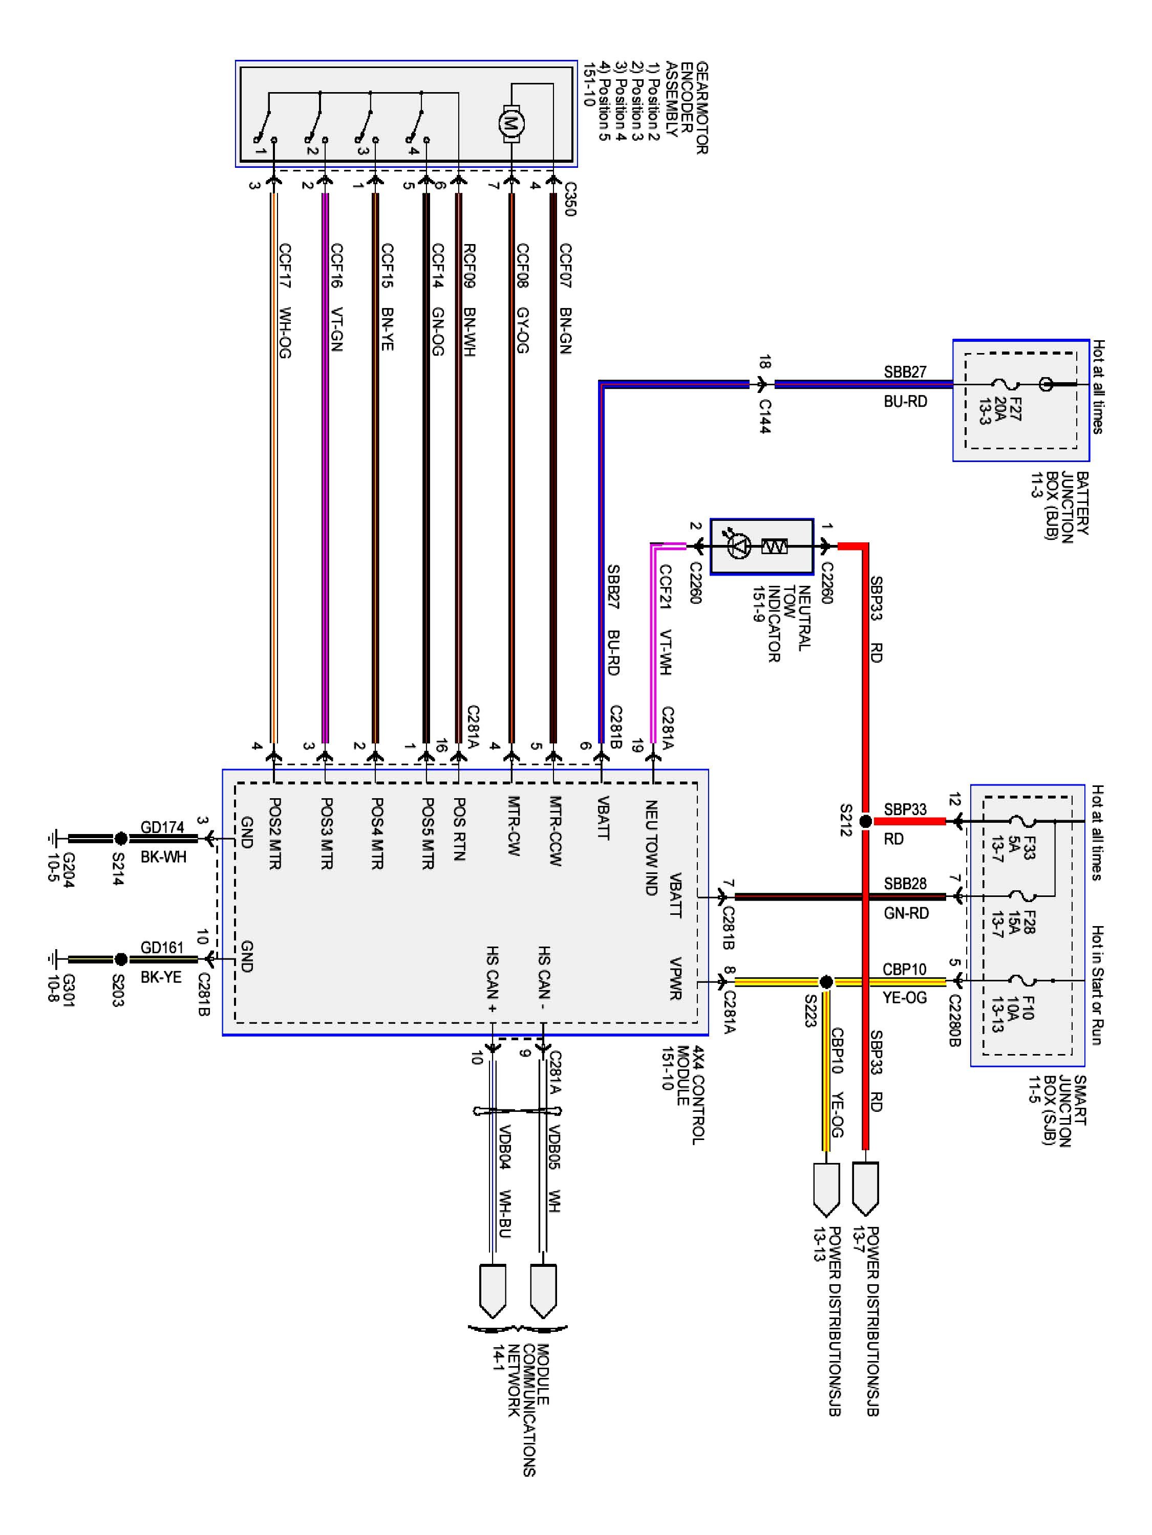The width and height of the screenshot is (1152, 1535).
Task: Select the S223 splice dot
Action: [x=826, y=982]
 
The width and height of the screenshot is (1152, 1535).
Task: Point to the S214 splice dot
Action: [x=120, y=838]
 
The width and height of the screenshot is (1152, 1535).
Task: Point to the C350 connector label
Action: [x=569, y=200]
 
